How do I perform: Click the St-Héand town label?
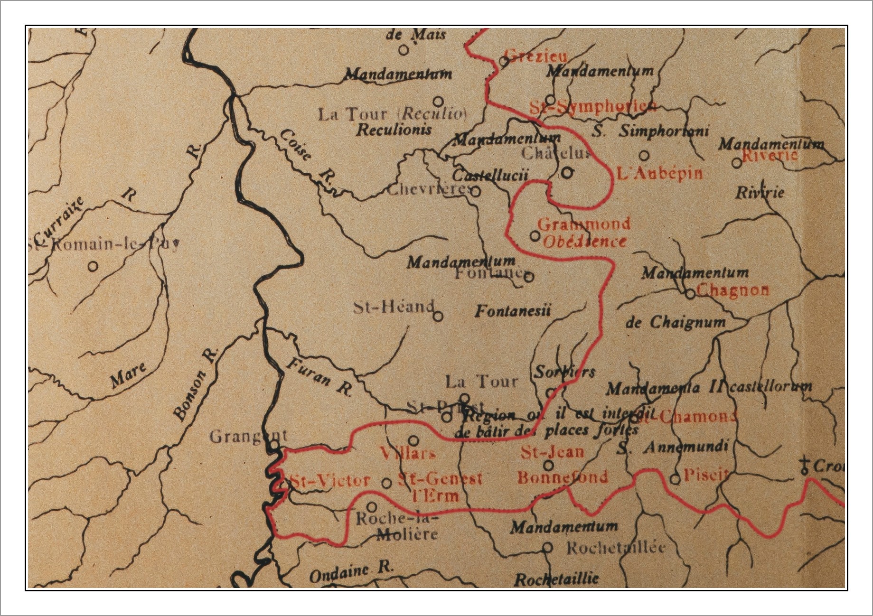click(x=394, y=307)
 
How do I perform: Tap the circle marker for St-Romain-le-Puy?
click(x=93, y=266)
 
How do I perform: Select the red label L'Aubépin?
click(x=659, y=173)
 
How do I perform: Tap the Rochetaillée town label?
click(x=616, y=548)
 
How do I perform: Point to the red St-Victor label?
click(x=330, y=481)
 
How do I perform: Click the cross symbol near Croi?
click(x=804, y=466)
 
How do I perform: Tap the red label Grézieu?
click(x=536, y=56)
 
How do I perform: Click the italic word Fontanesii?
click(x=513, y=311)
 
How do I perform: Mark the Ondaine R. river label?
click(x=351, y=571)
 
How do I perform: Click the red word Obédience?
click(x=584, y=242)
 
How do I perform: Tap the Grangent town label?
click(x=248, y=436)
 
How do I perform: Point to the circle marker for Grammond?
click(x=535, y=236)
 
